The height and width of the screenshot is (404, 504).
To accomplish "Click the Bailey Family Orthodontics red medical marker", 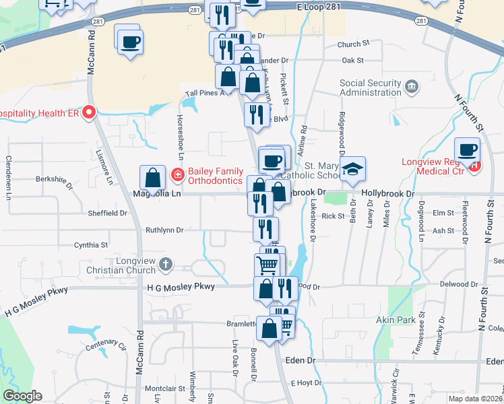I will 177,175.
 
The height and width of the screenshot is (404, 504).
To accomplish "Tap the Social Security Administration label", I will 371,88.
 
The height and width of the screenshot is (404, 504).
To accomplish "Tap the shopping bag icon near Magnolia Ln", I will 153,178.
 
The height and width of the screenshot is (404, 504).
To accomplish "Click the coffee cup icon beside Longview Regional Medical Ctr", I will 467,149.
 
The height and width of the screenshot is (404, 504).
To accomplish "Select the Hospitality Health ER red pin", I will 89,112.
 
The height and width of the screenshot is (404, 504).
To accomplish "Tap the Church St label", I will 354,44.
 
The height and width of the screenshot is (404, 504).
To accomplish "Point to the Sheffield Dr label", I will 107,213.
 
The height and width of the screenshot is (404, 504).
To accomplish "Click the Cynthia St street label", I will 91,245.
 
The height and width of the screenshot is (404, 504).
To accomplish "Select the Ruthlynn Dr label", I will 164,230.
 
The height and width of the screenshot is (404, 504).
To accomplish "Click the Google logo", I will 22,396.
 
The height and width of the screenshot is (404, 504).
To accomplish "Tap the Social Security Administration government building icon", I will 411,86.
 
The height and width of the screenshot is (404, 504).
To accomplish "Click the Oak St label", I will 352,60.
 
